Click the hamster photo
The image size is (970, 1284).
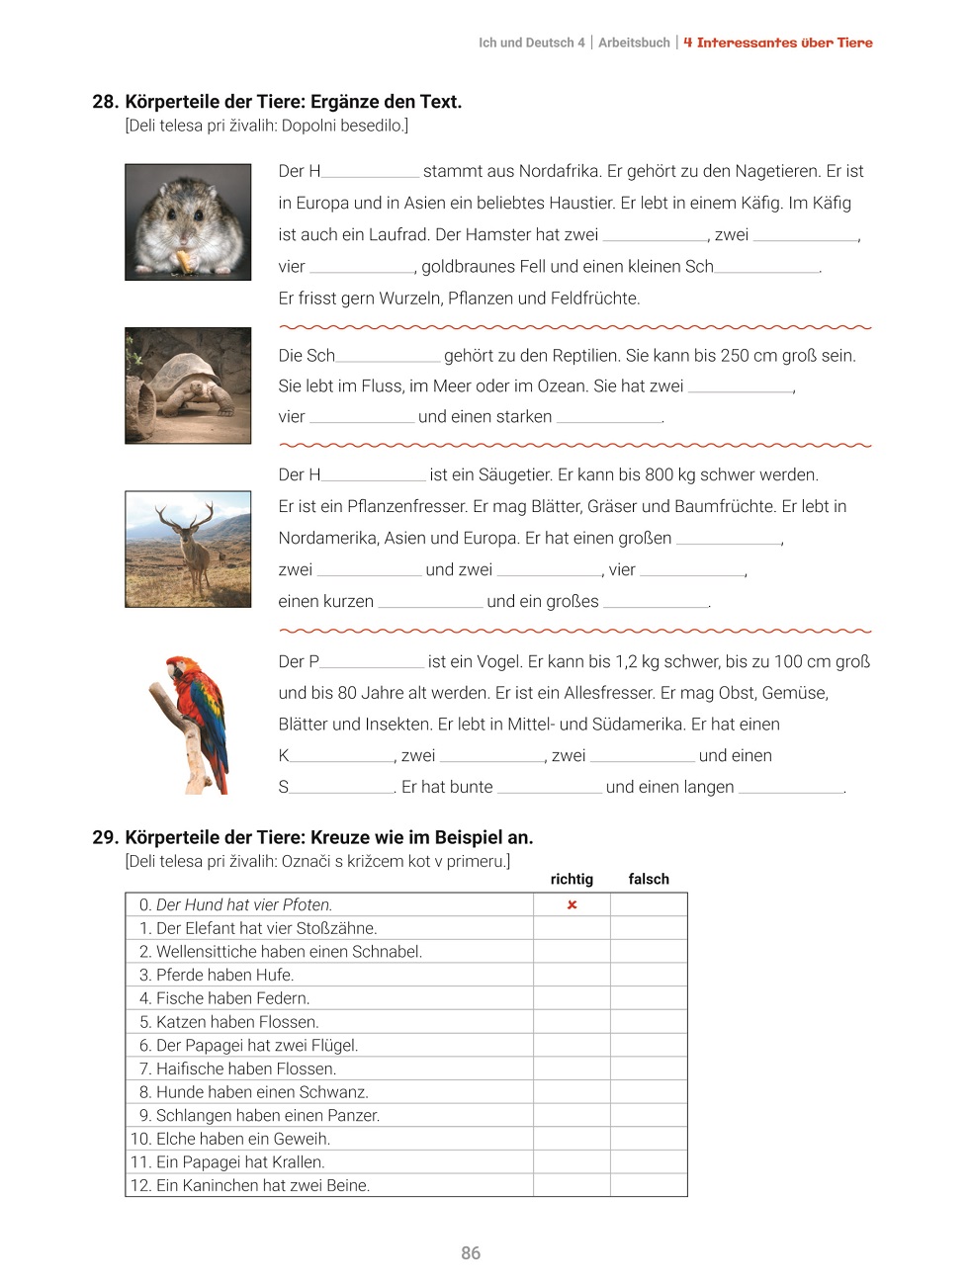[188, 222]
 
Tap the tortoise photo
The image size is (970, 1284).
[188, 385]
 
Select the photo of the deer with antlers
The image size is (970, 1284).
[188, 549]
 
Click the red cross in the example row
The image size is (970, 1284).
[572, 904]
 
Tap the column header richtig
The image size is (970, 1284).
[572, 879]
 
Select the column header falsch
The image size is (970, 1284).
[649, 879]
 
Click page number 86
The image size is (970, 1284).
[471, 1253]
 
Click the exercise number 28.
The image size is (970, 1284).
[105, 102]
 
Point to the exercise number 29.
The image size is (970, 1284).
[105, 837]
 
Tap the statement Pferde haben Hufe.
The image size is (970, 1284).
[224, 975]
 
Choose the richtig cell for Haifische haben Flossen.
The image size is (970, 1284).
[572, 1069]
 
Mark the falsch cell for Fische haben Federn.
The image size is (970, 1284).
[649, 998]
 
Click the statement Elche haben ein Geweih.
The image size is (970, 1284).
[242, 1139]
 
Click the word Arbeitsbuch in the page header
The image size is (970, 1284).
[634, 43]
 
